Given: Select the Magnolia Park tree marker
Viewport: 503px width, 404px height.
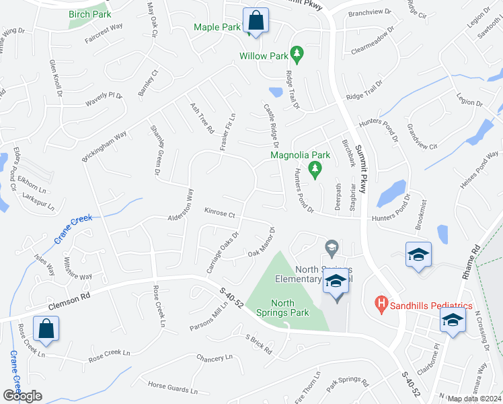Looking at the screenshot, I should [313, 168].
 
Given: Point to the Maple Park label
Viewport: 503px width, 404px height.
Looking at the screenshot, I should [217, 28].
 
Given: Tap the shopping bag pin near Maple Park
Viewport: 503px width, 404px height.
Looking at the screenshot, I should [256, 21].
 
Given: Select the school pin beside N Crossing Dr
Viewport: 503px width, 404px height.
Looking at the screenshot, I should [453, 321].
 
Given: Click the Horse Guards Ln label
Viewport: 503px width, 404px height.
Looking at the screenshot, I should [173, 388].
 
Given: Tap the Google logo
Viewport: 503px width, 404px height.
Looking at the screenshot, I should [22, 396].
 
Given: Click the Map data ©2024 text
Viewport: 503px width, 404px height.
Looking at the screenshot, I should [474, 399].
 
